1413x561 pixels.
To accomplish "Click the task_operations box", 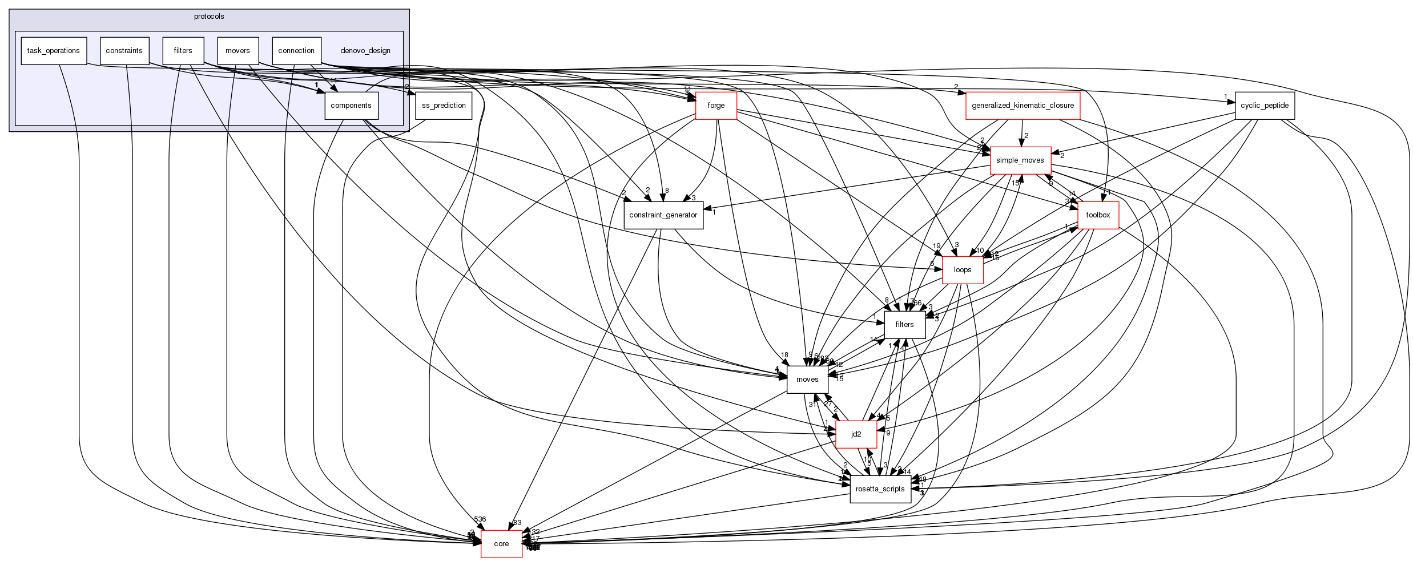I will tap(54, 51).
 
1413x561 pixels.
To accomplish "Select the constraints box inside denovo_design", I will tap(124, 51).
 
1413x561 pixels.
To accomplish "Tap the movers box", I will tap(237, 51).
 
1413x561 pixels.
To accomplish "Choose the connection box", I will tap(296, 51).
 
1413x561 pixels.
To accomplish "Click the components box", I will tap(351, 106).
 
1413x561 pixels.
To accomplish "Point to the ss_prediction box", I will tap(444, 106).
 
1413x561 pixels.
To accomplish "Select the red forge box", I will tap(716, 106).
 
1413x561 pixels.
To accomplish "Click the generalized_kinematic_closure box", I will tap(1022, 106).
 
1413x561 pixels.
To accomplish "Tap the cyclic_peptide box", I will tap(1265, 106).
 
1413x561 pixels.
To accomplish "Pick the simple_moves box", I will tap(1020, 160).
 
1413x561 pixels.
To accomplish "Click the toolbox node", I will tap(1098, 215).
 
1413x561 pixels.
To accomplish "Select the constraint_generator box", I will tap(663, 215).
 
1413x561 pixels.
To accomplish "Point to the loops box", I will tap(963, 270).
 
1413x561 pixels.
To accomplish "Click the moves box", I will tap(807, 380).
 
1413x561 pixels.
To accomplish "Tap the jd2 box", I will tap(856, 434).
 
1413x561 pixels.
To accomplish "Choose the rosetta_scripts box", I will tap(880, 489).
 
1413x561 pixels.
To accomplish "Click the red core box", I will tap(501, 544).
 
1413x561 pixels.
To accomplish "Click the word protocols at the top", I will tap(209, 17).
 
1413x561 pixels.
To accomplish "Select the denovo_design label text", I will tap(365, 51).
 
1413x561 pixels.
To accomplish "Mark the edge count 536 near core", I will tap(480, 519).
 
